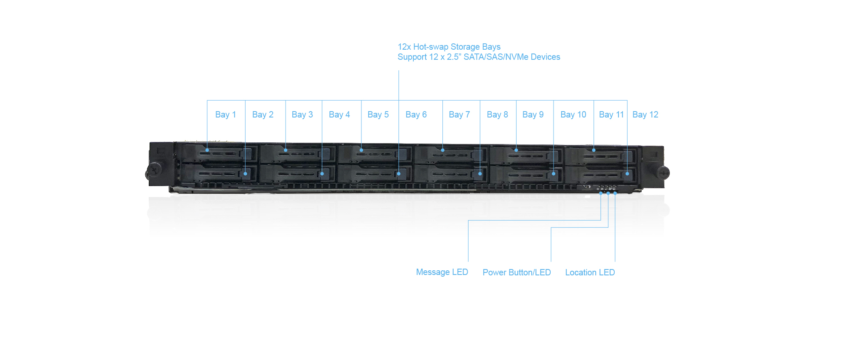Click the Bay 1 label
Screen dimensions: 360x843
(x=225, y=115)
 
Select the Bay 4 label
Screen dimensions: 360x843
(x=339, y=115)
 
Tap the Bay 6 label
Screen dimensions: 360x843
(x=416, y=115)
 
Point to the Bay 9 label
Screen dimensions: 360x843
(x=533, y=115)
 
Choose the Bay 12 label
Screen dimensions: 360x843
(x=645, y=115)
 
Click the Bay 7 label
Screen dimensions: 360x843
(x=459, y=115)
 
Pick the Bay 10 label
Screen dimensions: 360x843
(x=573, y=115)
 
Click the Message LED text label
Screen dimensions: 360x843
(x=442, y=272)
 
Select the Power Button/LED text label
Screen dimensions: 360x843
(x=517, y=272)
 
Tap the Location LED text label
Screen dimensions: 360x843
(x=590, y=272)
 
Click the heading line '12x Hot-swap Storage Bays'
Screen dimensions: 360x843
(x=449, y=47)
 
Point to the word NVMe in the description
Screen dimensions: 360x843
(x=517, y=57)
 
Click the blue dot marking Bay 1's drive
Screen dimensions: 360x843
(x=207, y=150)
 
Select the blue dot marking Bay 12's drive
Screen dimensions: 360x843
(x=627, y=173)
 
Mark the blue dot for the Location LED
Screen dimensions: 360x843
(x=615, y=193)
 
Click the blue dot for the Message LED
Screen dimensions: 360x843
(x=601, y=193)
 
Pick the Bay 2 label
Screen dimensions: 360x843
(x=262, y=115)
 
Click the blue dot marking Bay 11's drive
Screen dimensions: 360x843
(x=594, y=150)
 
